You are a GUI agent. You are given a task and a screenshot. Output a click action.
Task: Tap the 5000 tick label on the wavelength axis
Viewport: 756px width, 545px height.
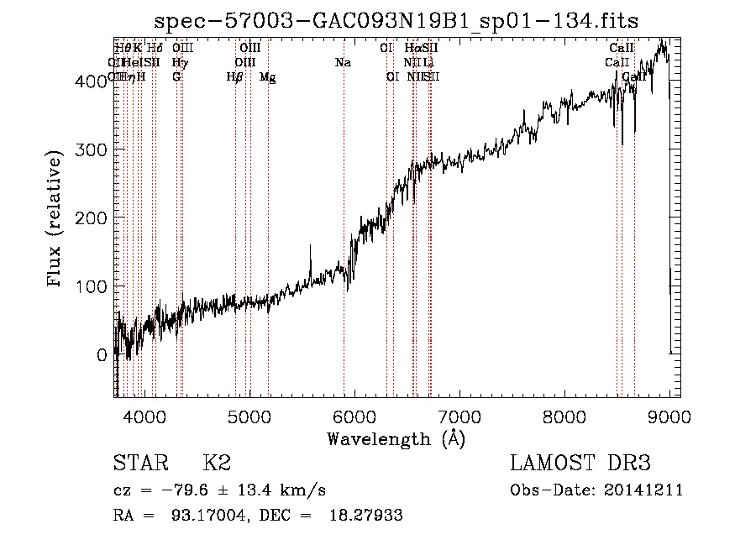tap(249, 417)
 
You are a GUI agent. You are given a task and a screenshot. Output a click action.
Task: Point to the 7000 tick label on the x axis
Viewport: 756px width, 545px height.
tap(459, 417)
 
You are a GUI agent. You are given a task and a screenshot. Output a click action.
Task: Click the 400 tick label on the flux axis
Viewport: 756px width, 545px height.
tap(94, 81)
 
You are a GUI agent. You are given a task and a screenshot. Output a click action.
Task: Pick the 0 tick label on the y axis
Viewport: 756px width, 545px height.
tap(102, 355)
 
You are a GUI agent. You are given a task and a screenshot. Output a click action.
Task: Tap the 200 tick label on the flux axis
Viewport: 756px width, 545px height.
tap(94, 218)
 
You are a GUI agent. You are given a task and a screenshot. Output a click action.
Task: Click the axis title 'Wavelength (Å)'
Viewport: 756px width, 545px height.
tap(396, 438)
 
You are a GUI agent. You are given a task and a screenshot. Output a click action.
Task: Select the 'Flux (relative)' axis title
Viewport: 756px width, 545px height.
tap(56, 220)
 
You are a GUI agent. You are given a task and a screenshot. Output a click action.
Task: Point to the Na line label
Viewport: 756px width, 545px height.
tap(343, 63)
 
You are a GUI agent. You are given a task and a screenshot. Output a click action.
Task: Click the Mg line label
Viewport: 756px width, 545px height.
tap(267, 77)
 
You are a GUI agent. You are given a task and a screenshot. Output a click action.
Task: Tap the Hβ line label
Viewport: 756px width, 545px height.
tap(234, 77)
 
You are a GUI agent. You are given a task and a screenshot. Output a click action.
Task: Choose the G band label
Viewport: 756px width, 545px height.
tap(176, 77)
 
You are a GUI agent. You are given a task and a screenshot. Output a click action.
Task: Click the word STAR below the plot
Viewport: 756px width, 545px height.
tap(140, 464)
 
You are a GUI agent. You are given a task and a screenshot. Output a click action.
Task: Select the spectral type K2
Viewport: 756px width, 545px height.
tap(217, 464)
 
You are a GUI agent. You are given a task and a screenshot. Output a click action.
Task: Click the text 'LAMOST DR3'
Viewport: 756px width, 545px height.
tap(580, 464)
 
